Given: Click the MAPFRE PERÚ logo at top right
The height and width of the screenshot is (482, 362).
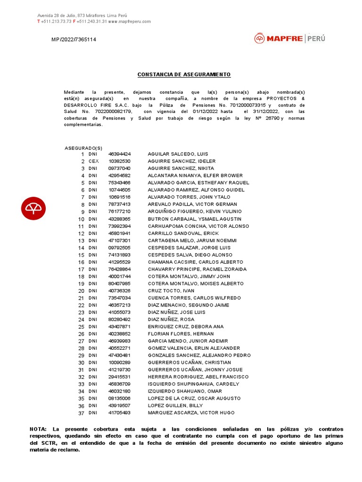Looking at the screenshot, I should pos(289,39).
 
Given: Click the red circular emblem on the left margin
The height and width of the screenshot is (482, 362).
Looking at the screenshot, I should pos(33,208).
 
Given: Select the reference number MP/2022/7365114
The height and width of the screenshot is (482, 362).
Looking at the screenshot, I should pos(74,40).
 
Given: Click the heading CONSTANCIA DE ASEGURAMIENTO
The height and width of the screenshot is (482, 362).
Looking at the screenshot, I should pos(184,74).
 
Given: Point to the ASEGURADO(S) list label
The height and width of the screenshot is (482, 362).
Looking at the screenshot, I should pos(83,148).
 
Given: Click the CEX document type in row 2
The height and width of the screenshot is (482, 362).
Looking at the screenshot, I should pos(94,161).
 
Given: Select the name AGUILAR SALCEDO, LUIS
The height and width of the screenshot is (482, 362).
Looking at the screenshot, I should pos(178,154).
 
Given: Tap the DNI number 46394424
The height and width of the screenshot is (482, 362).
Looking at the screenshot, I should pos(119,154).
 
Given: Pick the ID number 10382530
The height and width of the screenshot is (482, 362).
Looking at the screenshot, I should pos(119,161).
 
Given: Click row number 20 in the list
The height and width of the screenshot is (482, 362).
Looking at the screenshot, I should pos(81,291).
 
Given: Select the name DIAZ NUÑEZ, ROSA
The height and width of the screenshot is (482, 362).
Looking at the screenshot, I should pos(171,320).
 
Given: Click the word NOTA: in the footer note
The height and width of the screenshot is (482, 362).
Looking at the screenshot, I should pos(38,429).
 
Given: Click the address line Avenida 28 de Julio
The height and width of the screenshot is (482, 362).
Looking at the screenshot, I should pos(82,16).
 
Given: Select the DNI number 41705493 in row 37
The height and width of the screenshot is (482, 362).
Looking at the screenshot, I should pos(119,413).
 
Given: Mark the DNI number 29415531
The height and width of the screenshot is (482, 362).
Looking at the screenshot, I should pos(119,377).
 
